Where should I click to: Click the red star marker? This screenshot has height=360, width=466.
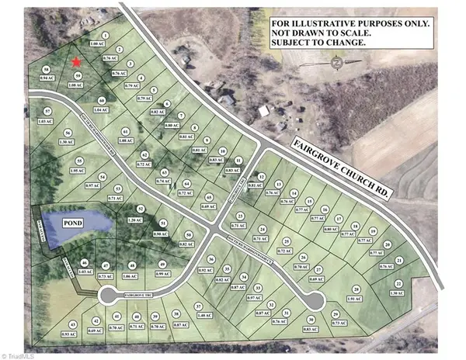click(75, 61)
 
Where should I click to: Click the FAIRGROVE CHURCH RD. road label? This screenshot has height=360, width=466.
click(341, 165)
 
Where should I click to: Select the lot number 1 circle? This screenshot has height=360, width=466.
click(104, 36)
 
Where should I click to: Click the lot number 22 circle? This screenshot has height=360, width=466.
click(398, 284)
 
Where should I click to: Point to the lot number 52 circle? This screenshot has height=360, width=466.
click(141, 209)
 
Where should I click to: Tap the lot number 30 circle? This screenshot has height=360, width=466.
click(310, 320)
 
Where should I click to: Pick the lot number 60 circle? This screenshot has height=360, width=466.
click(102, 100)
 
